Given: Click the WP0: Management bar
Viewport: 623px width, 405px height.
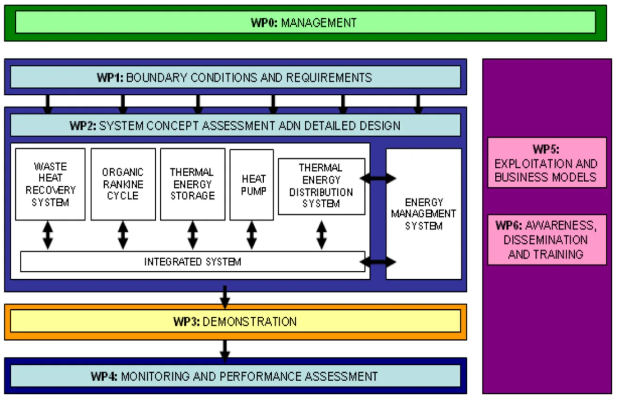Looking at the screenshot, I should pyautogui.click(x=305, y=23).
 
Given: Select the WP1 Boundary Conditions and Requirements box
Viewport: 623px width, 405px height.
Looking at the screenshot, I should pyautogui.click(x=235, y=77).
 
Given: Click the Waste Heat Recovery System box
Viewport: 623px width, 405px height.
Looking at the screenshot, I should pyautogui.click(x=50, y=184).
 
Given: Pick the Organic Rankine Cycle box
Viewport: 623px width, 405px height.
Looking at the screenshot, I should pyautogui.click(x=123, y=184).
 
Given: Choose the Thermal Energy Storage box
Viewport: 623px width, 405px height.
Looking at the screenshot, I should pyautogui.click(x=192, y=184).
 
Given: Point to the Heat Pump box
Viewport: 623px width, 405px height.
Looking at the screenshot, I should pyautogui.click(x=251, y=184).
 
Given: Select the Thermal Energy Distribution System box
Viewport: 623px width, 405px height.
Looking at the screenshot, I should pyautogui.click(x=321, y=186).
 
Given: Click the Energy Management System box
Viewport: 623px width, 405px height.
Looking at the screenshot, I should pyautogui.click(x=424, y=214).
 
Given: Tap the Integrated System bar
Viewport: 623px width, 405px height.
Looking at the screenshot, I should pyautogui.click(x=192, y=261).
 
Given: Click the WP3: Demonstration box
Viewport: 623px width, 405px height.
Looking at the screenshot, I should pyautogui.click(x=235, y=321).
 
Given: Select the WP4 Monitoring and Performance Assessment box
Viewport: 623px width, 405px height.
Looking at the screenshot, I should pyautogui.click(x=235, y=376).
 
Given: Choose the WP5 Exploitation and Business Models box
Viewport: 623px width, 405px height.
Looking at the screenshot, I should pyautogui.click(x=547, y=163).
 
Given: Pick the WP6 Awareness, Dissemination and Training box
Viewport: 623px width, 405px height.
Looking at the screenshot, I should pyautogui.click(x=547, y=239).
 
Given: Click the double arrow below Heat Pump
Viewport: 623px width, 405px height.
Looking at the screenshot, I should pyautogui.click(x=252, y=235).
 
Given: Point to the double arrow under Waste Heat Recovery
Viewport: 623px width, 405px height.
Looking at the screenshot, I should pyautogui.click(x=48, y=235).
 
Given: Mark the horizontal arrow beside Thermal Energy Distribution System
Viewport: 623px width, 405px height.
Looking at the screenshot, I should pyautogui.click(x=378, y=178).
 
